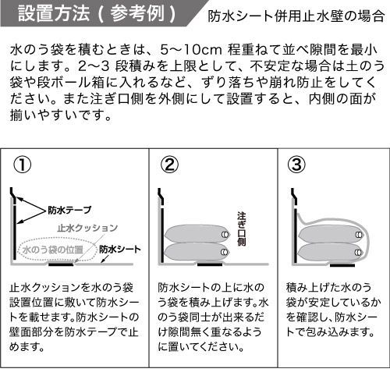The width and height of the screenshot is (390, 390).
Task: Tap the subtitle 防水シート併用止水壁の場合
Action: coord(296,16)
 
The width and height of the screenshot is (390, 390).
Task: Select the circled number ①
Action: coord(23,165)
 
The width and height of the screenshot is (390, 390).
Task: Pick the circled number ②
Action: coord(170,165)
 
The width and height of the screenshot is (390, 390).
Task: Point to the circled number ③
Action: coord(296,165)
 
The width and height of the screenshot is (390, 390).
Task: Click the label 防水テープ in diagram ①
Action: coord(69,210)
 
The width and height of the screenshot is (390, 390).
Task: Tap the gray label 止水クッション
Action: coord(87,228)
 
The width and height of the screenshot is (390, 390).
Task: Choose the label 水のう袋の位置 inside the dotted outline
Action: coord(53,250)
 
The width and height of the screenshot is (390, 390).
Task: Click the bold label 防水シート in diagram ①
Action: coord(120,250)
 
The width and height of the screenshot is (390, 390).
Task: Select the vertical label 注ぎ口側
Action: coord(242,229)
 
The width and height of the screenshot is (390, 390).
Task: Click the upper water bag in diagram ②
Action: coord(197,233)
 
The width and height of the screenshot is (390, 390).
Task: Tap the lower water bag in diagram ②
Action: coord(197,251)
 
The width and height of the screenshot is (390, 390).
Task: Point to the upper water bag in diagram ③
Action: coord(331,233)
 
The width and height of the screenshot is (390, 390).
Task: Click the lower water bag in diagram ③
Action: coord(331,251)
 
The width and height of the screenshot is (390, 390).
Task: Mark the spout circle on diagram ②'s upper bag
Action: coord(225,235)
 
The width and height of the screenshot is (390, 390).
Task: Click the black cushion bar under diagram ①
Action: coord(61,264)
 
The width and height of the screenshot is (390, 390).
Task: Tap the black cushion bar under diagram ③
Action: coord(342,265)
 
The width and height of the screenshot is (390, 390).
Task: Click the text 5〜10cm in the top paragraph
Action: coord(191,50)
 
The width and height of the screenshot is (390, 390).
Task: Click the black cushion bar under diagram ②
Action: coord(210,264)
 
